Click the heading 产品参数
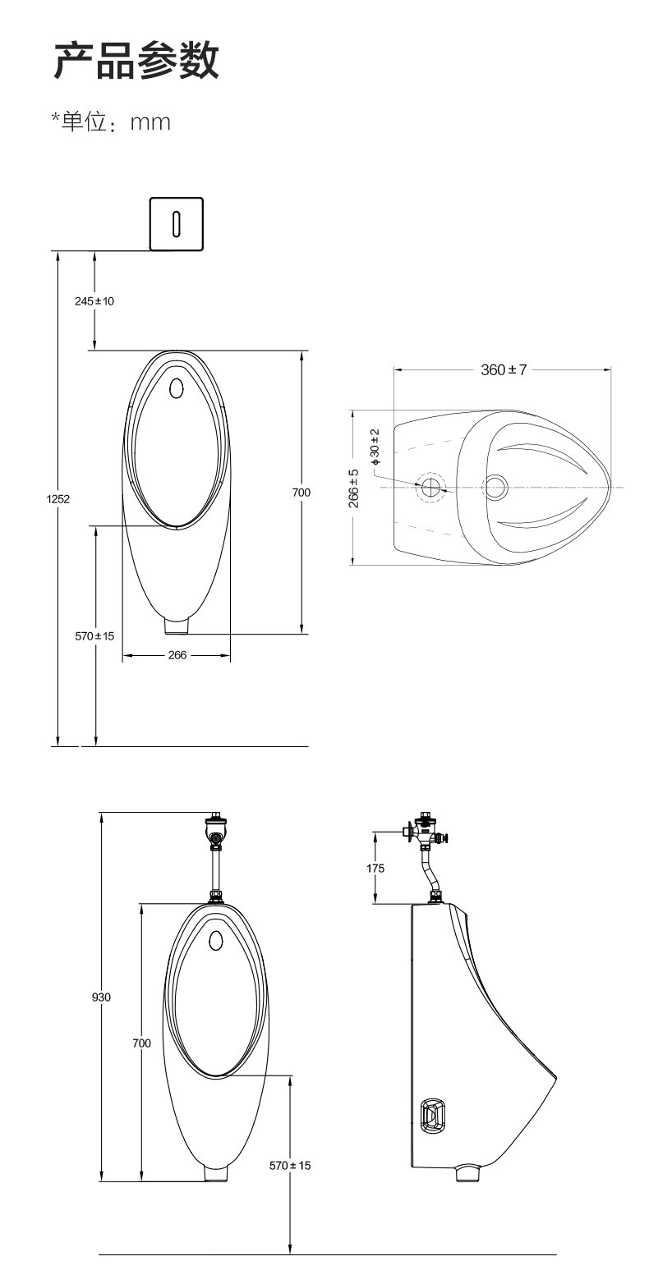point(136,60)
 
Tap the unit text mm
point(150,122)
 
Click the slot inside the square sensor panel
point(177,223)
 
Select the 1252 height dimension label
point(58,498)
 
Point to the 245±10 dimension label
point(94,301)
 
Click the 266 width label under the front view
point(177,654)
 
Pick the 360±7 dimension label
point(504,369)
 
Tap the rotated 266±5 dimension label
point(354,488)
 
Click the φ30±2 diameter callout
point(375,446)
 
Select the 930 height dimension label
point(101,997)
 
